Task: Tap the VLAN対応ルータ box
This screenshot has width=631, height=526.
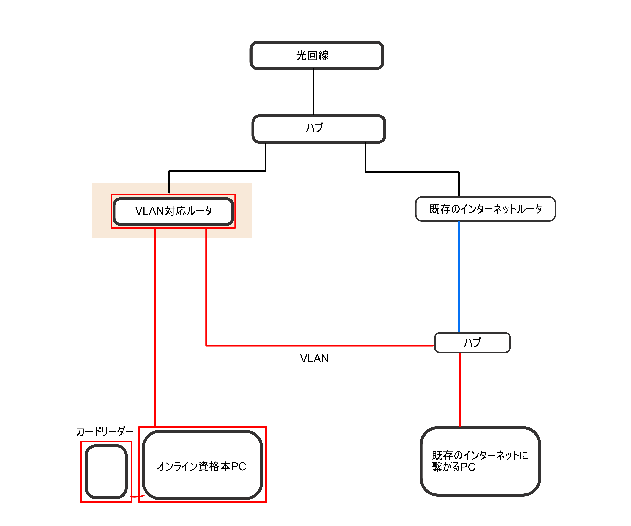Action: pos(173,211)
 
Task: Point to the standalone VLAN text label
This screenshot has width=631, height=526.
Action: pos(314,358)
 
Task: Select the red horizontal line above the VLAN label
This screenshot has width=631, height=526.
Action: pos(318,346)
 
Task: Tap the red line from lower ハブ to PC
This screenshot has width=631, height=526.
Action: pos(460,390)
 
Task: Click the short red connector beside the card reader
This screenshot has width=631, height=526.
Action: pos(137,497)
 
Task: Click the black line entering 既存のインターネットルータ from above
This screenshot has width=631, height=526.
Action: pos(459,184)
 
